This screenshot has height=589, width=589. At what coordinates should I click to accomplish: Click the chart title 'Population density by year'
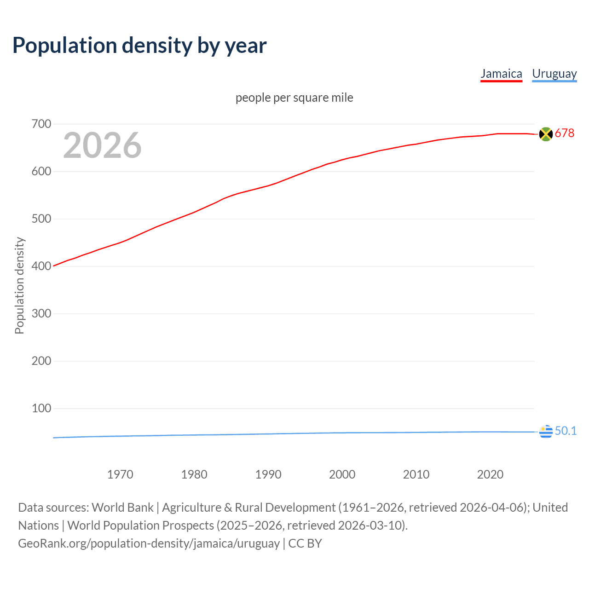tap(139, 46)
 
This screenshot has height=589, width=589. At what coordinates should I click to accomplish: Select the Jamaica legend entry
tap(501, 74)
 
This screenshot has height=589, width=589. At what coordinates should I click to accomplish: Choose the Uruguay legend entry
tap(554, 74)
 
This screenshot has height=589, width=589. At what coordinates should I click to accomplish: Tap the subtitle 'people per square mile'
tap(294, 98)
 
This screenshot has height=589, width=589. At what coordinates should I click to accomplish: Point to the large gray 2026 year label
tap(102, 145)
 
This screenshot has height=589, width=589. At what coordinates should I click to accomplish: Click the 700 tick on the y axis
tap(41, 124)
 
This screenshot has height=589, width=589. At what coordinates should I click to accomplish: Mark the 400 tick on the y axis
tap(41, 266)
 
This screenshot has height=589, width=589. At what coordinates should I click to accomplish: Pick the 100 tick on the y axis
tap(41, 408)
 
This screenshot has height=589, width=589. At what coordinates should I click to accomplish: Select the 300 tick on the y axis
tap(41, 313)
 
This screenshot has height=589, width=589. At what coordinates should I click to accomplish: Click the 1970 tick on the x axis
tap(120, 474)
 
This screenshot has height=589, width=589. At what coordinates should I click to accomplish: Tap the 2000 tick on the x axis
tap(342, 474)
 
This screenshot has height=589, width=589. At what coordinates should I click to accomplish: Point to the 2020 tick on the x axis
tap(490, 474)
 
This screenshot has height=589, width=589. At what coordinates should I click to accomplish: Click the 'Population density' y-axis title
tap(19, 285)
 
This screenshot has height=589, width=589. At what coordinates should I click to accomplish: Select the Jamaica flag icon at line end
tap(546, 134)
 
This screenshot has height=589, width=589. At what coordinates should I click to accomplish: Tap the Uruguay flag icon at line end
tap(546, 432)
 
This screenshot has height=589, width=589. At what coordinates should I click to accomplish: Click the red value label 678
tap(565, 133)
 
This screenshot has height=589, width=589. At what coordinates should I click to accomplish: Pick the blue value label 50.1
tap(566, 431)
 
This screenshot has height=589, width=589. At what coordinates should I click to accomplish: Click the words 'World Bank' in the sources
tap(122, 508)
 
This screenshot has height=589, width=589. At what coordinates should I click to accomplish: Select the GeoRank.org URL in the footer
tap(149, 543)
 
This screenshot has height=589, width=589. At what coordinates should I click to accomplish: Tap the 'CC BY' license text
tap(305, 543)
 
